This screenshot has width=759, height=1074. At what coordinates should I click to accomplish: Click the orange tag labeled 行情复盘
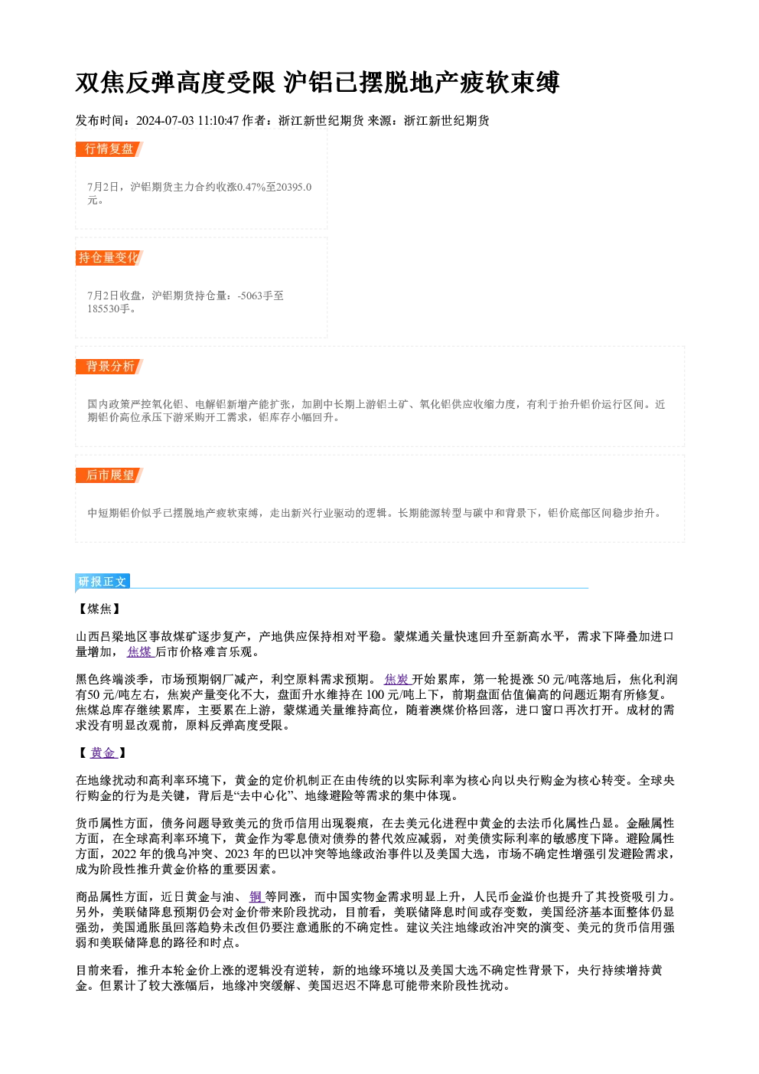click(x=109, y=149)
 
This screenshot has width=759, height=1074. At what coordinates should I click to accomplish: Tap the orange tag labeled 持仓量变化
click(x=109, y=258)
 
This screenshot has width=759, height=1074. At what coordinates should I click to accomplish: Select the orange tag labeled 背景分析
click(x=109, y=367)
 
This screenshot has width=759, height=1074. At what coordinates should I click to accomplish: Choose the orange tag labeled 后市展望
click(x=109, y=475)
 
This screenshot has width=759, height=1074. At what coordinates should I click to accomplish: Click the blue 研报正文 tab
click(x=103, y=582)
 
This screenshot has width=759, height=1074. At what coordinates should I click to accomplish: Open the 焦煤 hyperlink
click(x=139, y=652)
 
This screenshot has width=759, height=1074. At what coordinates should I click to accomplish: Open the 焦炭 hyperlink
click(x=397, y=680)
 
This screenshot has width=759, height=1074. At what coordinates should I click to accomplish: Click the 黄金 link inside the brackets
click(x=103, y=752)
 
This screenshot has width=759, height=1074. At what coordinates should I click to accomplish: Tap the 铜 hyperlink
click(x=256, y=896)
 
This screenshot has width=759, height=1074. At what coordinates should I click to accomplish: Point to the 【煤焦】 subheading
click(x=99, y=609)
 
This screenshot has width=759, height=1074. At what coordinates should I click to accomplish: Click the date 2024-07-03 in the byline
click(x=165, y=120)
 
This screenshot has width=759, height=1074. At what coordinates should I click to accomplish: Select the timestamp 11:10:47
click(x=218, y=120)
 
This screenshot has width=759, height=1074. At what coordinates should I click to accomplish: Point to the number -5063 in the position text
click(x=249, y=295)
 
